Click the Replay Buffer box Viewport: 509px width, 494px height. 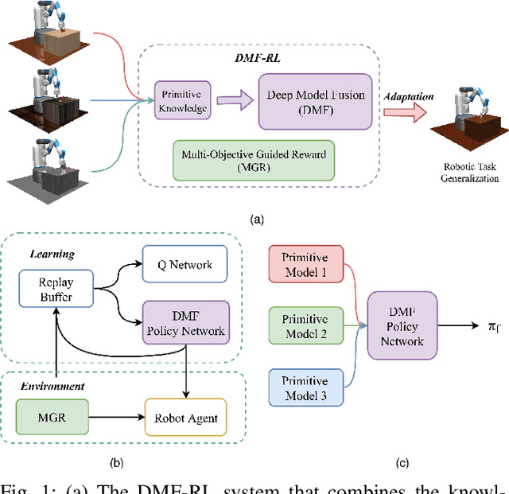(x=55, y=290)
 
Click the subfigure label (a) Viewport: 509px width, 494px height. (x=255, y=218)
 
